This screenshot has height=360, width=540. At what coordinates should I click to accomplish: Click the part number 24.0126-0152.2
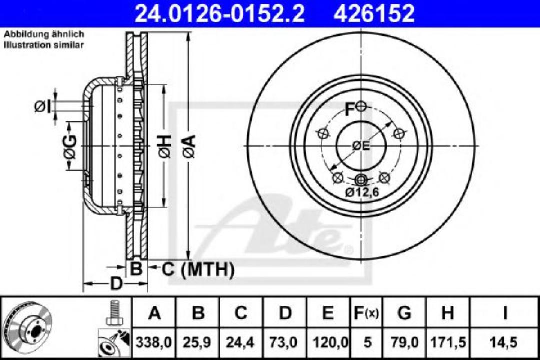220,13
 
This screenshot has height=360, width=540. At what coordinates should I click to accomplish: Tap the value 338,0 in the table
155,343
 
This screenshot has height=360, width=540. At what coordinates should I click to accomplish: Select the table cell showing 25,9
198,343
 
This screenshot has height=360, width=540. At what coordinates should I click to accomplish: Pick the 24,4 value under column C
241,343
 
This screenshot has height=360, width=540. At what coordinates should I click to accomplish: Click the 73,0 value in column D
285,343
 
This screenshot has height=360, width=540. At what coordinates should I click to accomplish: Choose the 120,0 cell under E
328,343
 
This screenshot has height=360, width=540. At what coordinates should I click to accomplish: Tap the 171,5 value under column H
448,343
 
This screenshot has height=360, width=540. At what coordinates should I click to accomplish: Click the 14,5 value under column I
505,343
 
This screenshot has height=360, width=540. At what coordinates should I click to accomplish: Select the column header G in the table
404,313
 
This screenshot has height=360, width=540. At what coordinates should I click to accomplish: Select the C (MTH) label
198,270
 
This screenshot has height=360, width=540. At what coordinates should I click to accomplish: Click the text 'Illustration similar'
44,45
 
